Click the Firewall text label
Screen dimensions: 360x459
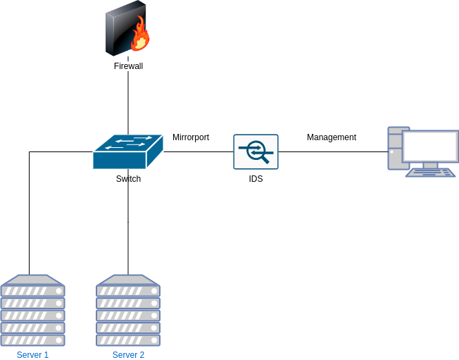pyautogui.click(x=128, y=66)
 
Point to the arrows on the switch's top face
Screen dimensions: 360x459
pyautogui.click(x=130, y=142)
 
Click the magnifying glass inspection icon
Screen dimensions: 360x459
pyautogui.click(x=256, y=151)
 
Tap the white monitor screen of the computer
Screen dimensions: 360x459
pyautogui.click(x=429, y=147)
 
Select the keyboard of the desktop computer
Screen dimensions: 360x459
pyautogui.click(x=430, y=172)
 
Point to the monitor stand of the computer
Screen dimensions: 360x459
pyautogui.click(x=430, y=165)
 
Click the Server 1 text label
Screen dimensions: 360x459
pyautogui.click(x=32, y=354)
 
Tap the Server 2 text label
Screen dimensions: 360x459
pyautogui.click(x=128, y=354)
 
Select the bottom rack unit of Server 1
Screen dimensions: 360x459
pyautogui.click(x=33, y=340)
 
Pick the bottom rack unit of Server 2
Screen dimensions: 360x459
pyautogui.click(x=128, y=340)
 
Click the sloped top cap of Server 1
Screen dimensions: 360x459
pyautogui.click(x=33, y=280)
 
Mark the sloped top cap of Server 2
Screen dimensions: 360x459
pyautogui.click(x=128, y=280)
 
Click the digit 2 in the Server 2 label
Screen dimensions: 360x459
pyautogui.click(x=142, y=354)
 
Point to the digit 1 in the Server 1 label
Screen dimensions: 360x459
pyautogui.click(x=46, y=354)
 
